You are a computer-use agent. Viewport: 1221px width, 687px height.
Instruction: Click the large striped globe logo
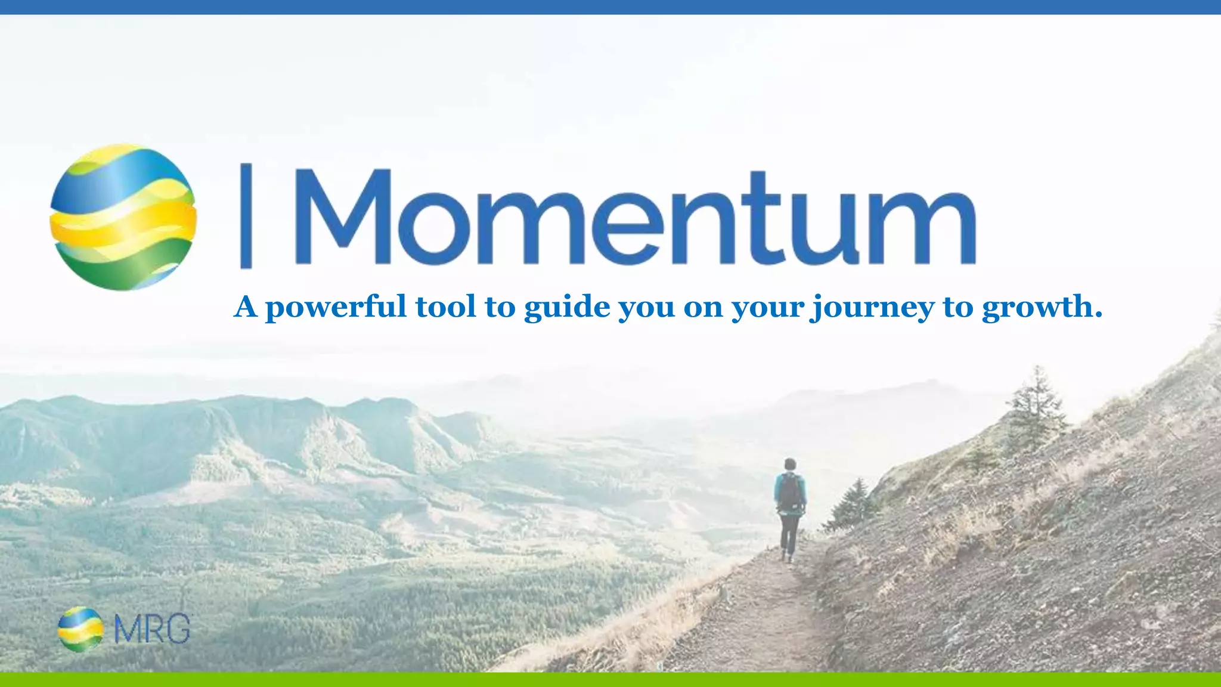coord(123,217)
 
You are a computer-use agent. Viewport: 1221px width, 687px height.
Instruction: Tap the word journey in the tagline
coord(872,308)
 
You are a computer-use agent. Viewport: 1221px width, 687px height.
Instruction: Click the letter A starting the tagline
coord(245,307)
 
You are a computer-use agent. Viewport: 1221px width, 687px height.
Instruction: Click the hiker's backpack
coord(791,493)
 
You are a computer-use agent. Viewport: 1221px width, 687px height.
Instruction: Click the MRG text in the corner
coord(152,629)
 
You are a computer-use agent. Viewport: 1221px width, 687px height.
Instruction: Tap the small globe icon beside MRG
coord(80,629)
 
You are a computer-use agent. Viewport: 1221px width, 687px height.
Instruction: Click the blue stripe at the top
coord(610,7)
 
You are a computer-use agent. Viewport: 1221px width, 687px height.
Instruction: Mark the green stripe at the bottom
coord(610,680)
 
